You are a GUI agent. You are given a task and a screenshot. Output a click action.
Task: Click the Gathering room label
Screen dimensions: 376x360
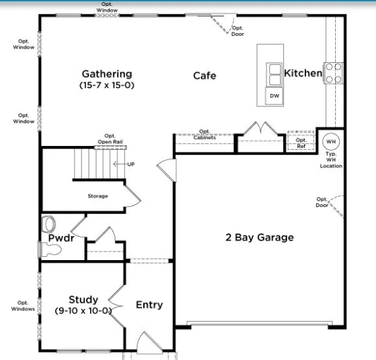coord(107,74)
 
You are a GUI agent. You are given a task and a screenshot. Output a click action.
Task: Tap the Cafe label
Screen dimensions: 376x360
coord(205,76)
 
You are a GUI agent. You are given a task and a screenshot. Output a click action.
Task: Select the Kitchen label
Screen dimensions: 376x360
coord(303,73)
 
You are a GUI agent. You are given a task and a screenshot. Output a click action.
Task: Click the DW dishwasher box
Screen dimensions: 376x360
coord(274,96)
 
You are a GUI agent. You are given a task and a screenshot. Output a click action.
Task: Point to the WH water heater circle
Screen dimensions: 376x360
coord(331,141)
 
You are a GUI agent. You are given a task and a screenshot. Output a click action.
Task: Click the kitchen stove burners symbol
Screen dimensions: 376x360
coord(333,73)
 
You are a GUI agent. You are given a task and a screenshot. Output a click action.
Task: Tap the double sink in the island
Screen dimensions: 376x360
coord(275,75)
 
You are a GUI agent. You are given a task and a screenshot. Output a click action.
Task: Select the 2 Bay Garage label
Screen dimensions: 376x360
coord(259,237)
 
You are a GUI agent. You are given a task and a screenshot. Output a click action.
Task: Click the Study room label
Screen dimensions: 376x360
coord(84,300)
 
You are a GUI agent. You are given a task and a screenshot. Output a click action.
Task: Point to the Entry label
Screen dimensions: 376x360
coord(149,305)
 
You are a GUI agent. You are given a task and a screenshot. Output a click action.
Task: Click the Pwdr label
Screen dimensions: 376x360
coord(61,238)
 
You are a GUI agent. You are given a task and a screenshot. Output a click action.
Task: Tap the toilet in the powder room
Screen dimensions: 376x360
coord(51,250)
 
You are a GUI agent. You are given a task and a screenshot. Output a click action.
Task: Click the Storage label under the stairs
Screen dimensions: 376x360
coord(98,196)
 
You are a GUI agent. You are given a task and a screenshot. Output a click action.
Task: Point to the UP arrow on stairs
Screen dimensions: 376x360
coord(124,164)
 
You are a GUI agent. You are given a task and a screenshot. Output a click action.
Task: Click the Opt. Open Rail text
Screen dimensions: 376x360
coord(110,139)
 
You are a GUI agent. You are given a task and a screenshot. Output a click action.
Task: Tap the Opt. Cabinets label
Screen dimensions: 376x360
coord(205,134)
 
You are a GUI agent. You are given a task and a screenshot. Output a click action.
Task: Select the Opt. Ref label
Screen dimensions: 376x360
coord(301,143)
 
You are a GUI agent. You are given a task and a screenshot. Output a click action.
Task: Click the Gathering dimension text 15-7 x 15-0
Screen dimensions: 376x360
coord(107,85)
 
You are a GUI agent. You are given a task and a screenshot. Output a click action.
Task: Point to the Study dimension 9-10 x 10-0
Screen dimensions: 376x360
coord(83,311)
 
